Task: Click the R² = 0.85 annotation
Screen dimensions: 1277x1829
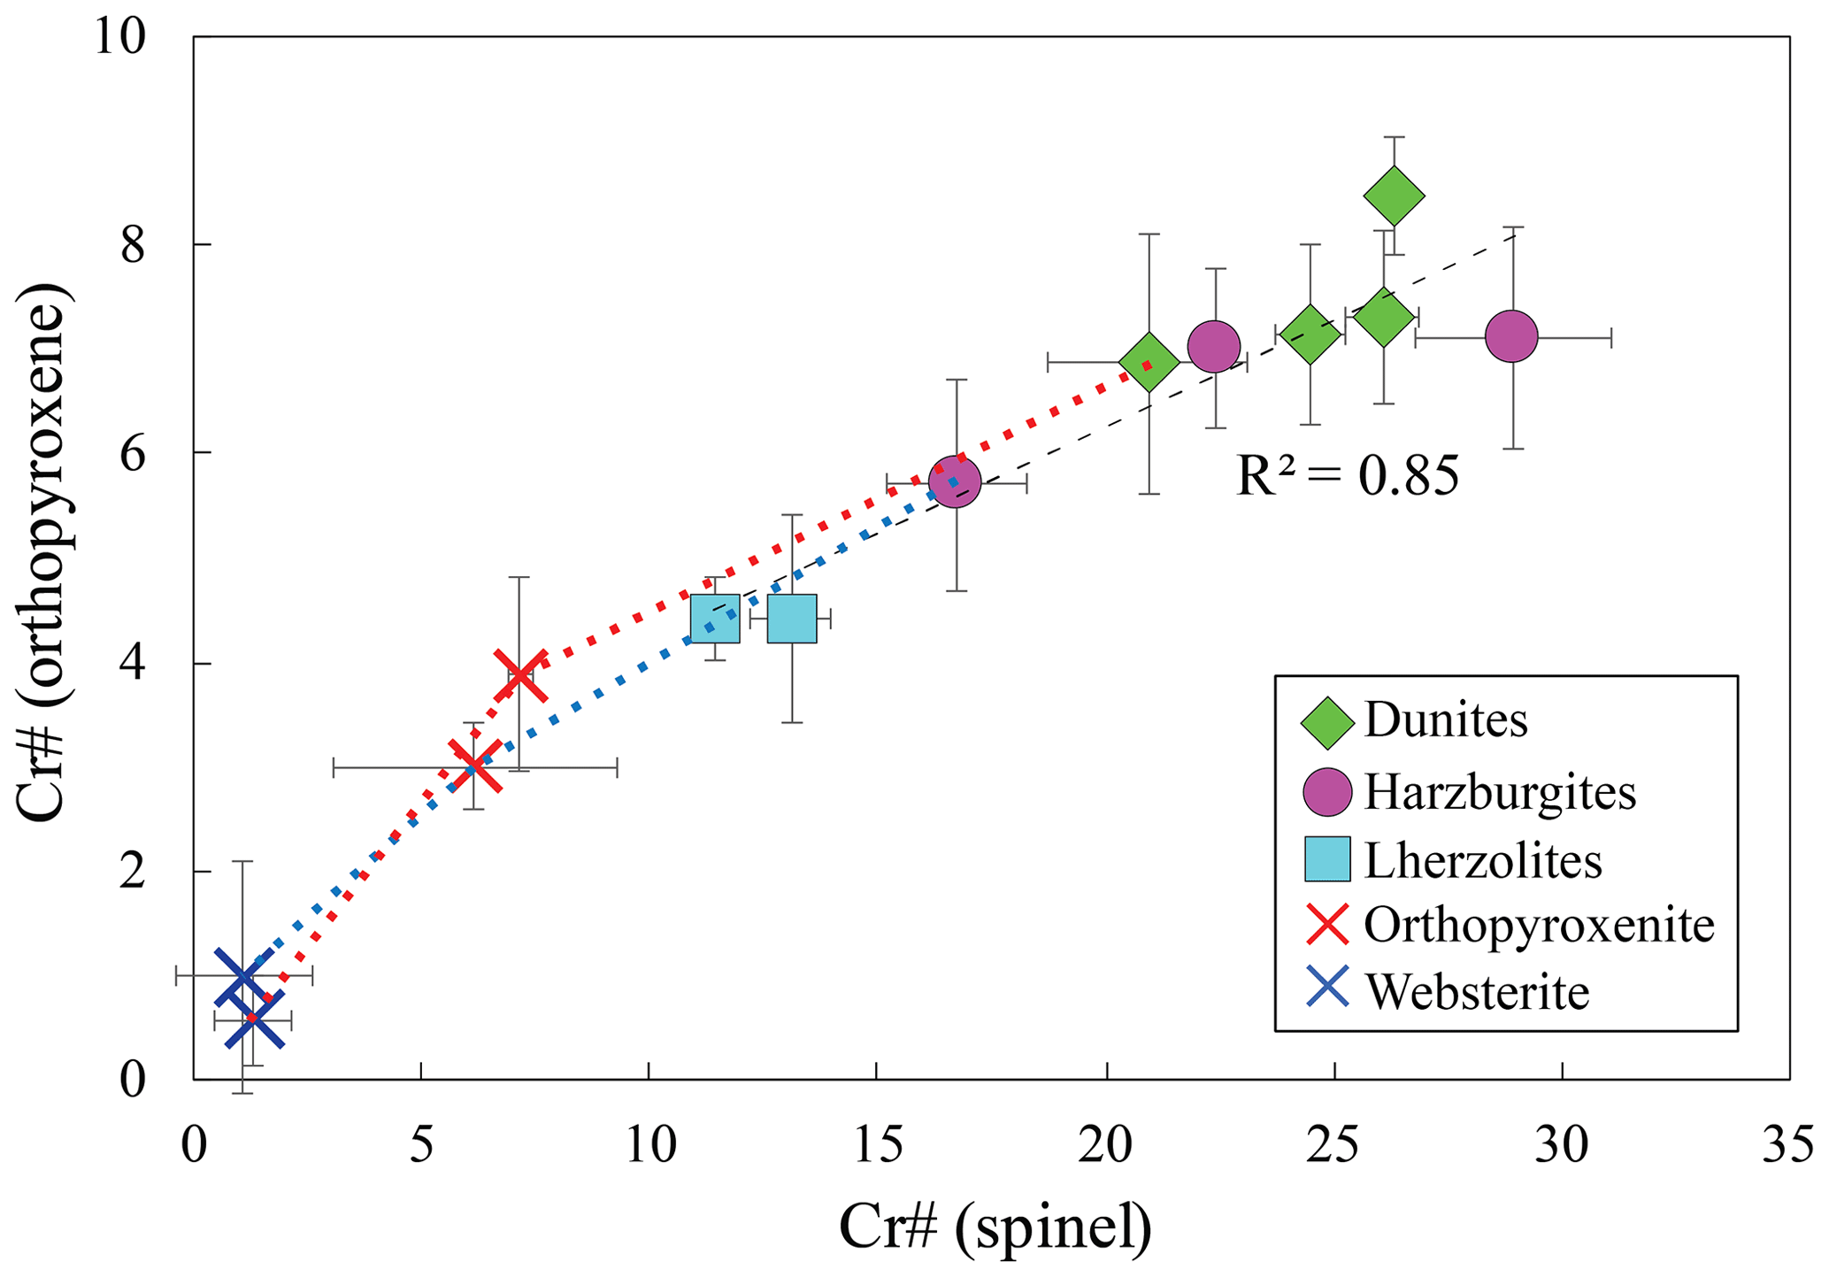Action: pos(1347,477)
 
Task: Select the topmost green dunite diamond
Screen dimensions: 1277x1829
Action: pos(1394,196)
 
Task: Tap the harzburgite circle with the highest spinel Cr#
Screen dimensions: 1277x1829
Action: pos(1511,337)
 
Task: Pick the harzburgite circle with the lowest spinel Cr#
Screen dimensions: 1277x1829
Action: pos(955,482)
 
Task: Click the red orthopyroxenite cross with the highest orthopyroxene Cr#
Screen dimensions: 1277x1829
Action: pos(520,675)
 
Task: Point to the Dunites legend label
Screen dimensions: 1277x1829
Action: pos(1446,720)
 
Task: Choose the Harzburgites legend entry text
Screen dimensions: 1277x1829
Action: pos(1500,792)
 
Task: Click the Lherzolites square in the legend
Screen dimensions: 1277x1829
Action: pos(1327,859)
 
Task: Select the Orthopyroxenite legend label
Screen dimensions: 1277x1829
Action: pos(1539,925)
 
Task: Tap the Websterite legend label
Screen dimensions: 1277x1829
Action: pos(1477,992)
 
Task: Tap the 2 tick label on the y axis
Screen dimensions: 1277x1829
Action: pos(133,872)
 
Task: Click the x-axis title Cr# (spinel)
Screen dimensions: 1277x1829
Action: pos(995,1228)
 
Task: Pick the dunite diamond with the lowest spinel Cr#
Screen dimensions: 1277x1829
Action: pos(1149,362)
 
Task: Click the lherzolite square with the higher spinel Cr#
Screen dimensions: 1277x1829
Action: pos(792,619)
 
